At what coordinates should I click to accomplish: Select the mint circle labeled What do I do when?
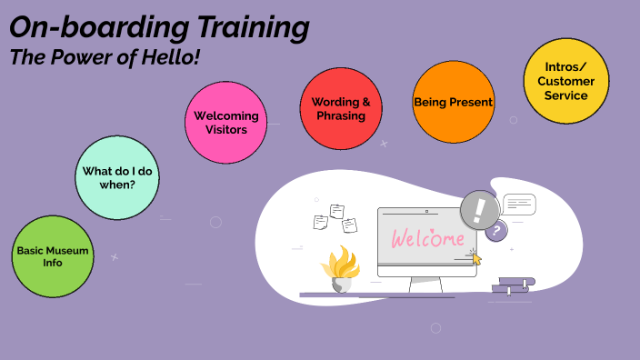115,178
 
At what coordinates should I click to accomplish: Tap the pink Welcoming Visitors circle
226,122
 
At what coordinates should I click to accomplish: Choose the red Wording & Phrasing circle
341,109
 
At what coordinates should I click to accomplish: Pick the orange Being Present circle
453,102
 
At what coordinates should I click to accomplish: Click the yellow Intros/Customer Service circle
566,80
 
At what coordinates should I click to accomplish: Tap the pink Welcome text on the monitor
427,239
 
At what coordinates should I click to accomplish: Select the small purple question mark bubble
495,232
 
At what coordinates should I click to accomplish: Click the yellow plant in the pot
341,262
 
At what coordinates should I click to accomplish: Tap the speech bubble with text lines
520,204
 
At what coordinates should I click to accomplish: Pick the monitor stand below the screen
425,285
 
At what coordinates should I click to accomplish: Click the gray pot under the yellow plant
341,284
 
